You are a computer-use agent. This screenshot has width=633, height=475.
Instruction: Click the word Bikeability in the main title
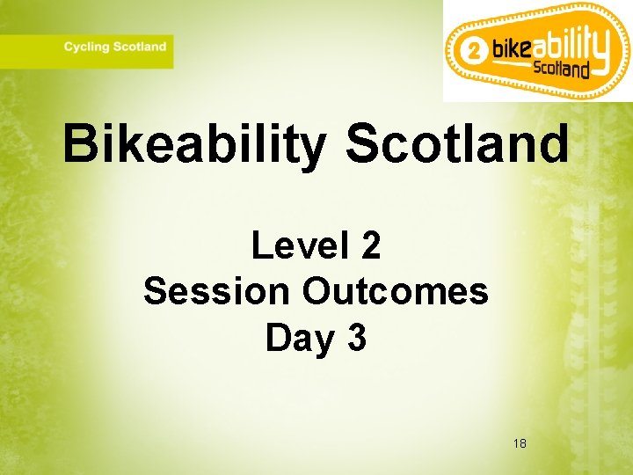(x=193, y=144)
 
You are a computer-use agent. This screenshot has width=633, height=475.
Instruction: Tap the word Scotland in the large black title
(x=457, y=144)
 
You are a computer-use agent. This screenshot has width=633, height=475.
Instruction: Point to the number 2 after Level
(x=370, y=245)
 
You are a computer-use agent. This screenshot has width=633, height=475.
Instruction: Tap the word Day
(x=295, y=338)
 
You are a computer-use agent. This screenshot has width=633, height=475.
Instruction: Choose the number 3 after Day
(x=356, y=338)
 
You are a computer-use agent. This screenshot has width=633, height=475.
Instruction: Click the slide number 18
(x=520, y=443)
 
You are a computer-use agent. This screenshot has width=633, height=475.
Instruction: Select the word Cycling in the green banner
(x=86, y=47)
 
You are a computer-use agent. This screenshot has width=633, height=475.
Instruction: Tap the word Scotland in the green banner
(x=139, y=47)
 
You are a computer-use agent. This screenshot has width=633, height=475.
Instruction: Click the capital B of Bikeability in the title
(x=82, y=144)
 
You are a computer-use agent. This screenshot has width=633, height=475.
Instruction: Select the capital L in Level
(x=261, y=245)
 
